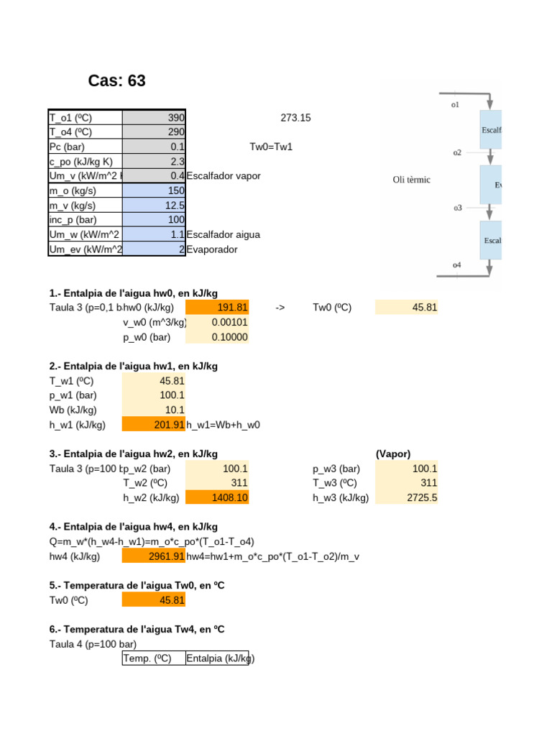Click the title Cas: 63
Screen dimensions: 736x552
tap(116, 81)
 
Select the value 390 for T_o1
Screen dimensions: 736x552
tap(175, 118)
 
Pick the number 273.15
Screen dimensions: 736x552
tap(295, 118)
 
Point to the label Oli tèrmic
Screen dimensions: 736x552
tap(411, 180)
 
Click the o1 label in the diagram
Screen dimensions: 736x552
tap(455, 105)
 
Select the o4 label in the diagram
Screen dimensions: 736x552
tap(456, 265)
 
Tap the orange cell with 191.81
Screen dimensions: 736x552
tap(217, 308)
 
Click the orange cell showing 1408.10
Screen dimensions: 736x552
tap(217, 497)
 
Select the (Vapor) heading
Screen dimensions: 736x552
tap(392, 454)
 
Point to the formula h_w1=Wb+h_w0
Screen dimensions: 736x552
tap(223, 425)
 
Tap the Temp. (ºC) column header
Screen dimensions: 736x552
tap(147, 658)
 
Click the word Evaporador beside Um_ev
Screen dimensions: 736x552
tap(211, 249)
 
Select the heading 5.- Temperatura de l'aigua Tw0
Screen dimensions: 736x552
tap(137, 586)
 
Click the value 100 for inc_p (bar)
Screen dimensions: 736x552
tap(175, 220)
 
